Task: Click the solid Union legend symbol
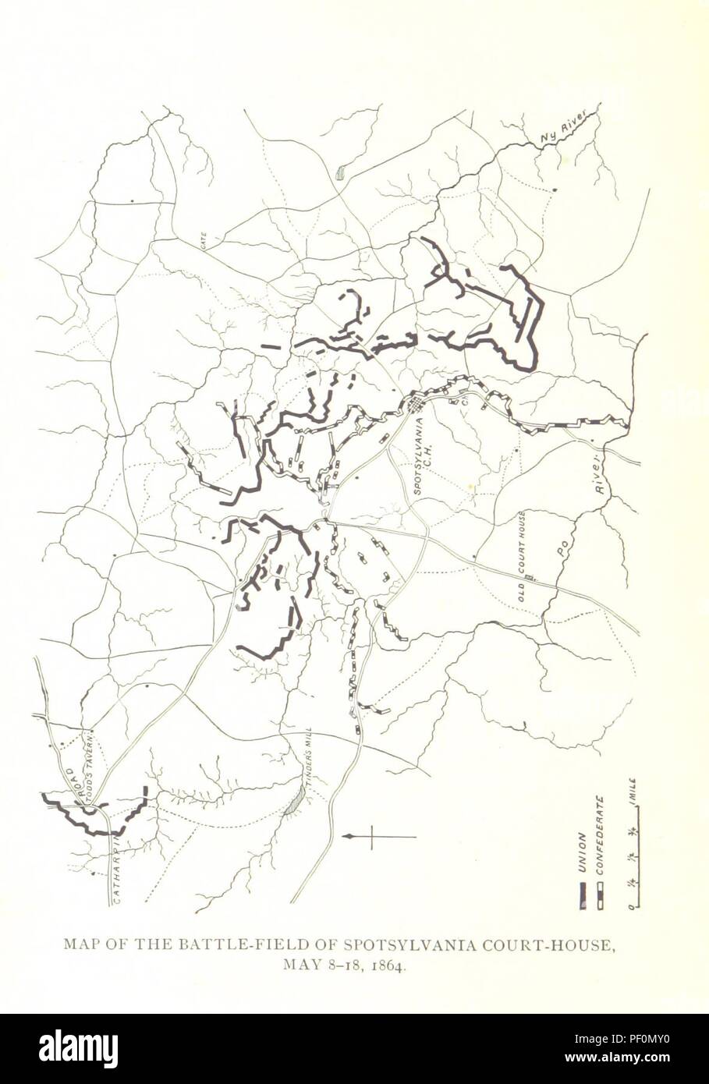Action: click(583, 897)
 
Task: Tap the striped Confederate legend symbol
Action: click(600, 897)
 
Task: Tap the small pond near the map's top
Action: click(340, 173)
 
